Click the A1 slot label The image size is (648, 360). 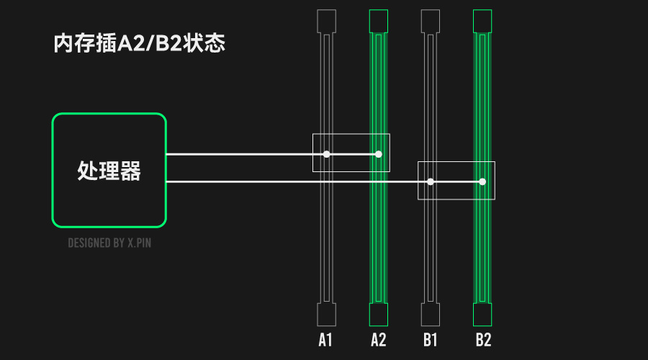[325, 340]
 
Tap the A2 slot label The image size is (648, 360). [379, 340]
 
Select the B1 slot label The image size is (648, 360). [431, 340]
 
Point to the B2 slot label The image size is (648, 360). [483, 340]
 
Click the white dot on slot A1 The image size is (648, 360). [326, 154]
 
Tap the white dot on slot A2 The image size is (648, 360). [379, 154]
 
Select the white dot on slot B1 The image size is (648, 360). [431, 181]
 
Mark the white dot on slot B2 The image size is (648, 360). [482, 181]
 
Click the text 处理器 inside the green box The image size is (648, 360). [109, 171]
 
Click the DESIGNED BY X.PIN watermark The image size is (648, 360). [109, 243]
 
